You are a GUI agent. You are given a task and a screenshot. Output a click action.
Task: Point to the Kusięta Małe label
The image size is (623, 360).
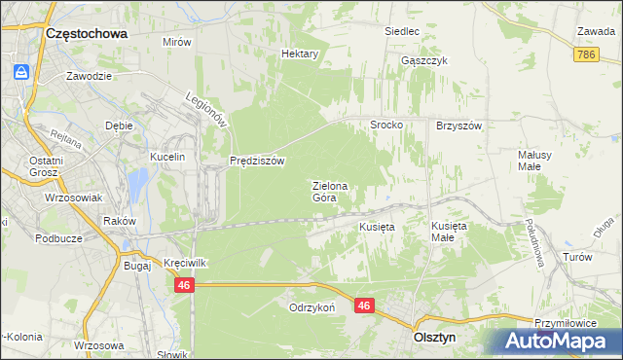point(449,231)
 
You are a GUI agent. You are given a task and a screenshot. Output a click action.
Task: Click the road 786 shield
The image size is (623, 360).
point(585,57)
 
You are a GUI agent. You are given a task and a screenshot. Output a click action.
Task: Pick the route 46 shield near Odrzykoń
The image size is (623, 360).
point(364,306)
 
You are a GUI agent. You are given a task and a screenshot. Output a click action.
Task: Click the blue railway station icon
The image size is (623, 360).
point(20,72)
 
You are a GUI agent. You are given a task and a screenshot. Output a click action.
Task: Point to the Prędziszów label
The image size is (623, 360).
point(257,161)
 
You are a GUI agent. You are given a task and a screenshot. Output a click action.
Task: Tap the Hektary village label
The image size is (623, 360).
point(300,54)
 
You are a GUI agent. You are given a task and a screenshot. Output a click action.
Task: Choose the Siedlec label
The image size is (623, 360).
point(401,32)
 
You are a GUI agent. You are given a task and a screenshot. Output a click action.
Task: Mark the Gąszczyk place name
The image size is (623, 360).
point(423,60)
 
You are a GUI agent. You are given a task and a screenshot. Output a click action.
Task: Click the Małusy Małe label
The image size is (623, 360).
point(536,160)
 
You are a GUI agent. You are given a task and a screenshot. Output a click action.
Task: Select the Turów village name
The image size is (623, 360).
point(578,257)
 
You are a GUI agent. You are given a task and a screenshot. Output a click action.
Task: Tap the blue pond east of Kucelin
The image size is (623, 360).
point(138,181)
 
